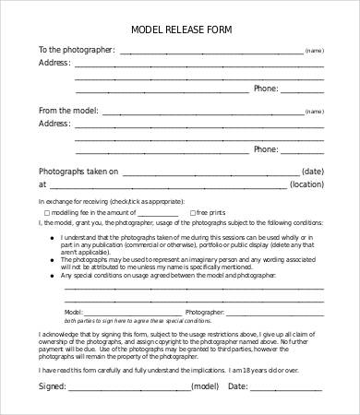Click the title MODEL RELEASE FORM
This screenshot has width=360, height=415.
(180, 29)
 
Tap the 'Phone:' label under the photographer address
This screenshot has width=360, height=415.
(266, 89)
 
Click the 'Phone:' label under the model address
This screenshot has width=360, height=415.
(266, 149)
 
